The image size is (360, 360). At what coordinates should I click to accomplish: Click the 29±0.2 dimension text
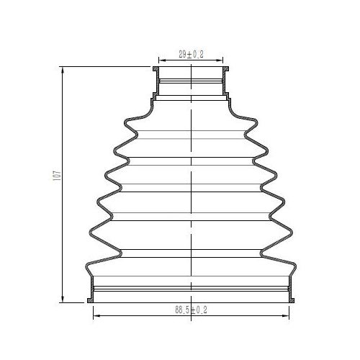(191, 54)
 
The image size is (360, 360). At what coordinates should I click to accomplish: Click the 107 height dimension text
(58, 176)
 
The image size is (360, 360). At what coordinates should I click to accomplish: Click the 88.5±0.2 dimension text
(191, 310)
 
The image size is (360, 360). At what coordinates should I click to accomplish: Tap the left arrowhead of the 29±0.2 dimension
(162, 60)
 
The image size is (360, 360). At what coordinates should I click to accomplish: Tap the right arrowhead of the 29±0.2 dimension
(220, 60)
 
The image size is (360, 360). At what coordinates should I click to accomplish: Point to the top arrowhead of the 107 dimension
(63, 71)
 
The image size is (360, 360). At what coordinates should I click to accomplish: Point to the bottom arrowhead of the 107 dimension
(63, 299)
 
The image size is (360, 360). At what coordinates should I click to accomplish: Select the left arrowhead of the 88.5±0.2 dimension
(96, 315)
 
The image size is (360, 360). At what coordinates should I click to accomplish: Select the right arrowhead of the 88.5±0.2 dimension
(286, 315)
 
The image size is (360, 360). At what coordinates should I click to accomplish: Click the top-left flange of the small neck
(156, 69)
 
